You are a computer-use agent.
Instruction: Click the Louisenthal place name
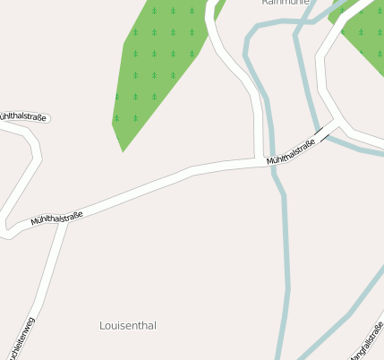pyautogui.click(x=128, y=326)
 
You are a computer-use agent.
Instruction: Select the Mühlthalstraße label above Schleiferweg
pyautogui.click(x=56, y=217)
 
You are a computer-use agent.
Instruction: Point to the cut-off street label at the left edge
pyautogui.click(x=22, y=117)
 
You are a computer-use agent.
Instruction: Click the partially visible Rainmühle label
pyautogui.click(x=285, y=3)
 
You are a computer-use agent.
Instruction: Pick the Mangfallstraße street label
pyautogui.click(x=367, y=340)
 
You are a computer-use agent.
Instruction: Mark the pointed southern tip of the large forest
pyautogui.click(x=123, y=150)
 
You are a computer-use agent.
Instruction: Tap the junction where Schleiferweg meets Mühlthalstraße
pyautogui.click(x=64, y=220)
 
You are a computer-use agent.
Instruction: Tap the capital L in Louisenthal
pyautogui.click(x=103, y=326)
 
